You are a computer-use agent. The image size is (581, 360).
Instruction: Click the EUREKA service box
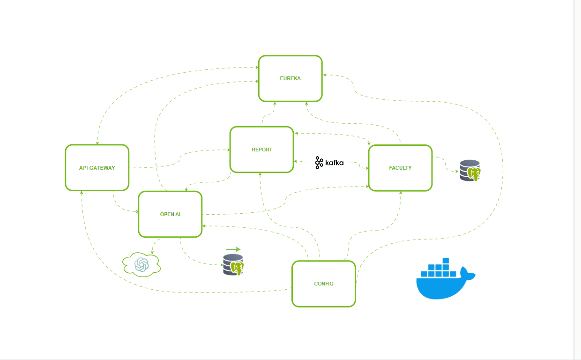(290, 78)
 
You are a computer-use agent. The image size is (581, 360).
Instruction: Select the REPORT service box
(261, 150)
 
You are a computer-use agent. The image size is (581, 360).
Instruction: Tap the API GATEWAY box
(97, 167)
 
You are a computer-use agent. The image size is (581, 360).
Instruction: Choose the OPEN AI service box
(170, 214)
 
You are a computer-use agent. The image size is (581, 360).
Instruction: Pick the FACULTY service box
(400, 167)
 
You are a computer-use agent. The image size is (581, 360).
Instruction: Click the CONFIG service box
(323, 284)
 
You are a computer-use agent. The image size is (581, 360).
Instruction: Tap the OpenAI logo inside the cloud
(141, 264)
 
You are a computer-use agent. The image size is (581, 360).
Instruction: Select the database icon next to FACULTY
(470, 171)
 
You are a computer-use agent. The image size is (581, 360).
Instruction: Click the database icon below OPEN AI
(233, 264)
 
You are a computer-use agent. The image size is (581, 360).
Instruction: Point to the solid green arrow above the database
(233, 249)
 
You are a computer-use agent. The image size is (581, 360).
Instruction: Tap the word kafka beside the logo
(335, 163)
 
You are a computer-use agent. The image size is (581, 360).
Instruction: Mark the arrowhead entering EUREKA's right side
(324, 75)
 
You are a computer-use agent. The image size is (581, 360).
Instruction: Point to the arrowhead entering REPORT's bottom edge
(260, 174)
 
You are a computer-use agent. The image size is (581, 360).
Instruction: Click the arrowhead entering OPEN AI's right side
(204, 226)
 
